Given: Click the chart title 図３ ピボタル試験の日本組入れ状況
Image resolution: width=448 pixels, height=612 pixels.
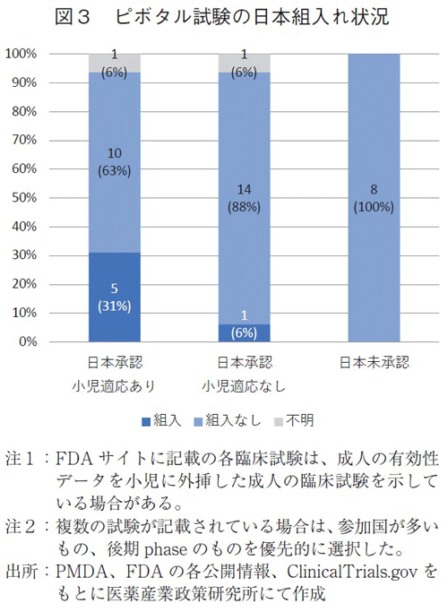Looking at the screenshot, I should [x=224, y=17].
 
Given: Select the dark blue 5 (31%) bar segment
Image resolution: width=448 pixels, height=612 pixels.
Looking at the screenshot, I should [x=115, y=297].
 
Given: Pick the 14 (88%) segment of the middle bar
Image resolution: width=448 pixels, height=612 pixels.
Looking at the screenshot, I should [x=244, y=198].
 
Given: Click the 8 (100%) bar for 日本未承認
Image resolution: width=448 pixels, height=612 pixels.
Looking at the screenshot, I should [x=373, y=197].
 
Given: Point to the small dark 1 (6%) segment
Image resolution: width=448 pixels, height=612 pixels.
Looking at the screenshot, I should [x=244, y=332].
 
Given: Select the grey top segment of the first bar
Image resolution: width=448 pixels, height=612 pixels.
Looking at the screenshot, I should [x=115, y=63].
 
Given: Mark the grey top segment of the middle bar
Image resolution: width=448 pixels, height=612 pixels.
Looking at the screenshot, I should [x=244, y=63].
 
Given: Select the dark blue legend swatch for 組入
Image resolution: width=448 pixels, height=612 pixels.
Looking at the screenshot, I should [x=146, y=419].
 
